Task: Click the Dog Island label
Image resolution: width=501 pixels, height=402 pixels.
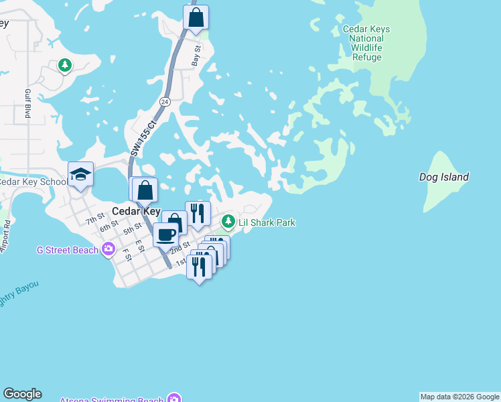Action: point(443,178)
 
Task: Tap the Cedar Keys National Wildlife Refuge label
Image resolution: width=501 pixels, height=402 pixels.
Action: point(366,43)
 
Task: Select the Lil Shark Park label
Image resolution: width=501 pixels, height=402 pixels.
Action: point(267,222)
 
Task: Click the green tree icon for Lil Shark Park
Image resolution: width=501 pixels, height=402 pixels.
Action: point(229,221)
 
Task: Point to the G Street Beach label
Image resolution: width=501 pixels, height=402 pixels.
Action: point(67,251)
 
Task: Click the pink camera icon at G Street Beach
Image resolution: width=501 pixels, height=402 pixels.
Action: point(109,250)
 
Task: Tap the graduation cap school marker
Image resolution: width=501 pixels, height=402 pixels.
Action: point(80,174)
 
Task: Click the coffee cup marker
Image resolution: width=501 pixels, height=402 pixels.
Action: point(165,235)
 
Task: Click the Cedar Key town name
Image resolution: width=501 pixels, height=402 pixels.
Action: point(136,210)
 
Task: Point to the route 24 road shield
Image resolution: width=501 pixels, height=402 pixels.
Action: point(164,101)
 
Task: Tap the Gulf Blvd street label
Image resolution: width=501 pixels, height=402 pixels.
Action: point(28,103)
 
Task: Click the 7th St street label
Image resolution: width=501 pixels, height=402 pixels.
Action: point(94,218)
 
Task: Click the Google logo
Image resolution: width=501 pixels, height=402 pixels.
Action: point(22,394)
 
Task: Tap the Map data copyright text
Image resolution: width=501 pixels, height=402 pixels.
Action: point(459,397)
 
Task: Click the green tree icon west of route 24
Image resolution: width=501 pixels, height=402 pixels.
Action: point(65,65)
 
